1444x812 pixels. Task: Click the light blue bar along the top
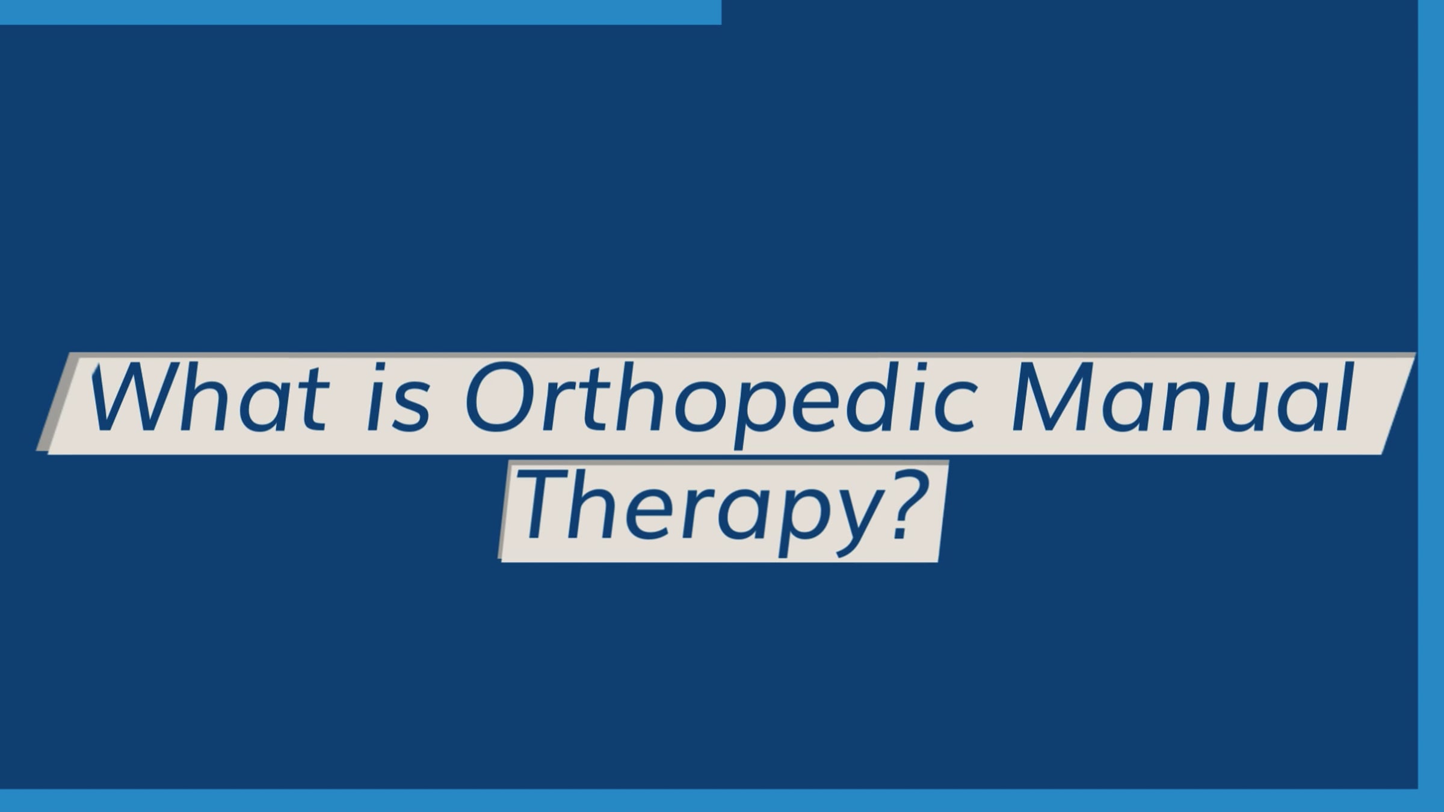pyautogui.click(x=360, y=12)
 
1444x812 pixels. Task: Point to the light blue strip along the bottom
pyautogui.click(x=722, y=801)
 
